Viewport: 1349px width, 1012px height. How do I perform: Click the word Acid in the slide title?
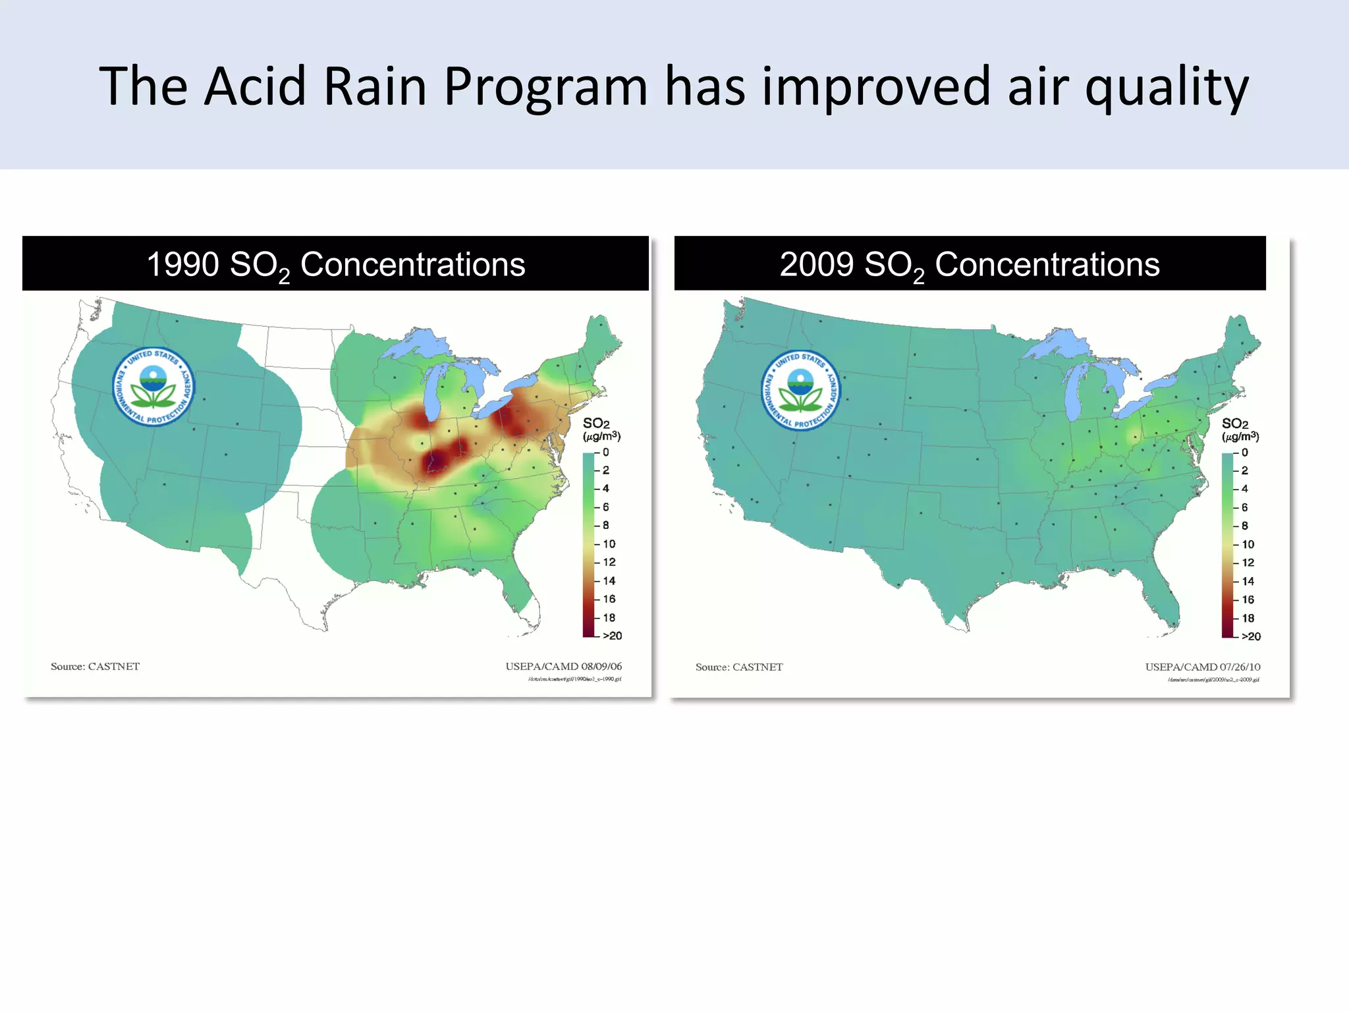(254, 86)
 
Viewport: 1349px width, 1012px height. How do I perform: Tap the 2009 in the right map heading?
(816, 265)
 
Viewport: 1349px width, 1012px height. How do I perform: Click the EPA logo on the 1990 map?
(153, 387)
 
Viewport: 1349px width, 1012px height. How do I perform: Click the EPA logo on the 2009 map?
(801, 390)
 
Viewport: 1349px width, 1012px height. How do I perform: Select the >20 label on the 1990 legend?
(612, 636)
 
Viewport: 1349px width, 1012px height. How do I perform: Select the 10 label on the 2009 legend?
(1248, 544)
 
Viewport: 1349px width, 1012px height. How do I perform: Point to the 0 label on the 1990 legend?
(605, 452)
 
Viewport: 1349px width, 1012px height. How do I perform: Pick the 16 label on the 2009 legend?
(1248, 600)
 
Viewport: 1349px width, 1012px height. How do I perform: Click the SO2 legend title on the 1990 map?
(596, 424)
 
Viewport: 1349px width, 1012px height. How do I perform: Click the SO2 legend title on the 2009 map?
(1235, 424)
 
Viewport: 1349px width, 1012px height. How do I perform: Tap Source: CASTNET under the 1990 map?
(95, 666)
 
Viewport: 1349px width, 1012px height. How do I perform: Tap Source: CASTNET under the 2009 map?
(739, 667)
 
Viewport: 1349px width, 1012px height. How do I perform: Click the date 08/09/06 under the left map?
(601, 666)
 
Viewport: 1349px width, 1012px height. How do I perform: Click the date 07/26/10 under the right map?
(1240, 667)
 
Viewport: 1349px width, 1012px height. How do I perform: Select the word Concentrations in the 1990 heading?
(412, 265)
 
